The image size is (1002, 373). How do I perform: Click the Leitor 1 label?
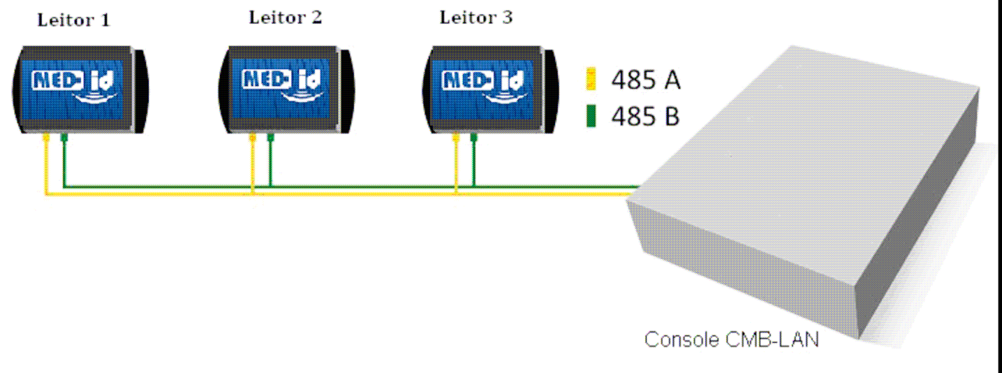[73, 20]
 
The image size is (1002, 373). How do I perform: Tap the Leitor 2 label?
[286, 18]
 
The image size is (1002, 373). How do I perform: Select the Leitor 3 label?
[476, 18]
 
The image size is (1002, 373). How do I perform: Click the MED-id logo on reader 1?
[74, 86]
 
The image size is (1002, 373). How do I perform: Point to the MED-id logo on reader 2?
[283, 85]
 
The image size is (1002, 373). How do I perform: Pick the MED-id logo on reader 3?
[484, 85]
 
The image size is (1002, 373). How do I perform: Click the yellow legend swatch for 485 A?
[591, 79]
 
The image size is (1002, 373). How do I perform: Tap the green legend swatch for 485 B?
[591, 116]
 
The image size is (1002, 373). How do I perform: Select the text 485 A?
[645, 80]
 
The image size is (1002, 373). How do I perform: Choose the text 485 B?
[645, 117]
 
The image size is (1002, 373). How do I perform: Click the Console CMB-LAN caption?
[731, 339]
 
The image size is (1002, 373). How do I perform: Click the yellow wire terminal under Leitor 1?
[45, 137]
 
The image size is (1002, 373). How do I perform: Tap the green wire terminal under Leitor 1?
[64, 137]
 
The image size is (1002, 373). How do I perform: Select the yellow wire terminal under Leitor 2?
[252, 137]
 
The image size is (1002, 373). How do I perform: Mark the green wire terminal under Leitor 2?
[270, 137]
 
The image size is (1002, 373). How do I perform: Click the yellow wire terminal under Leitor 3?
[456, 137]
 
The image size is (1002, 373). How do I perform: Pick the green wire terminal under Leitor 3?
[473, 137]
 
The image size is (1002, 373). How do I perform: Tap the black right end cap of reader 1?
[141, 92]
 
